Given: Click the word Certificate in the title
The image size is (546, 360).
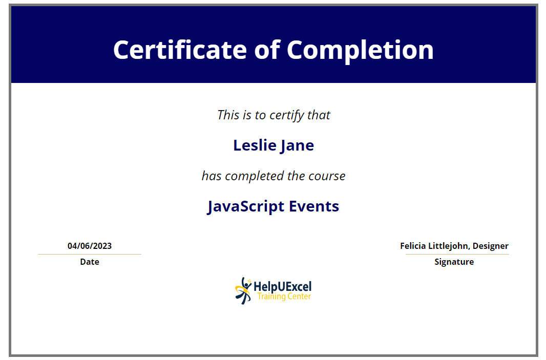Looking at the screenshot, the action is coord(180,50).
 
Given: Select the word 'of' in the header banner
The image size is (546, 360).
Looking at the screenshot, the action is coord(267,49).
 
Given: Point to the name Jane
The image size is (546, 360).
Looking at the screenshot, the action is coord(297,146).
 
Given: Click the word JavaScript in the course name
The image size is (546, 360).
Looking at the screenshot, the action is coord(246,206).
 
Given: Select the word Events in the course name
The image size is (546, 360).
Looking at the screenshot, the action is coord(314,206).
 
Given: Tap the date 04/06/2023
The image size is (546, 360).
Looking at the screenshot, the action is coord(90,246).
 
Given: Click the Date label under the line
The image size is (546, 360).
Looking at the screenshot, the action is coord(90,262).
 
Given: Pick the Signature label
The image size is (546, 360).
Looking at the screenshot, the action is coord(454,262).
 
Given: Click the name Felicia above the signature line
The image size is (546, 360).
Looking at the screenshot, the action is coord(413,246).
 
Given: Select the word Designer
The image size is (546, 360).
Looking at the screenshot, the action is coord(491,246).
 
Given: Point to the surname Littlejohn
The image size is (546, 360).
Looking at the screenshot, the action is coord(449,246).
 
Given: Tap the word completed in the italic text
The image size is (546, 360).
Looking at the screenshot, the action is coord(255,176).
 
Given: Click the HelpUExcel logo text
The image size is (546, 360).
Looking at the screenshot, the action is coord(282,287).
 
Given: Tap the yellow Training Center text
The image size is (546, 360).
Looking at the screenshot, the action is coord(284,297).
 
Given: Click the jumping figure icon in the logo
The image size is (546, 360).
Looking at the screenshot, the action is coord(243,291).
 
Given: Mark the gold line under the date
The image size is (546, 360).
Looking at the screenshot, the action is coord(90,254).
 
